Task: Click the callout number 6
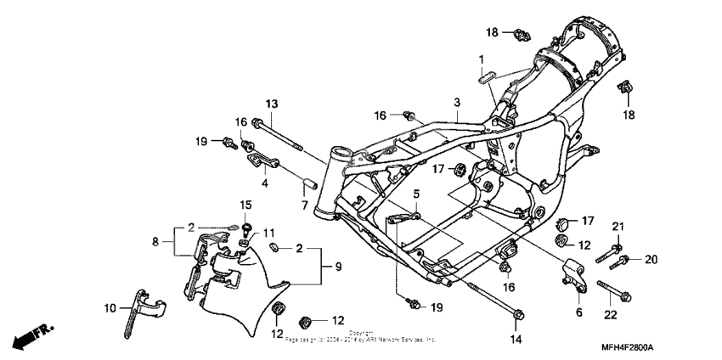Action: click(x=580, y=312)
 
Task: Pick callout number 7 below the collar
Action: click(x=305, y=205)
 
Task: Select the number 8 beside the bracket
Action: click(x=155, y=242)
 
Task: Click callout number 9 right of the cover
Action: click(x=337, y=267)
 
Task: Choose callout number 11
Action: click(x=270, y=233)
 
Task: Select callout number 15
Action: click(x=245, y=205)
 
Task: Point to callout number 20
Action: click(x=651, y=259)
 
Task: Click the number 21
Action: click(x=618, y=225)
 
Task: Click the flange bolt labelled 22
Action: click(x=612, y=290)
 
